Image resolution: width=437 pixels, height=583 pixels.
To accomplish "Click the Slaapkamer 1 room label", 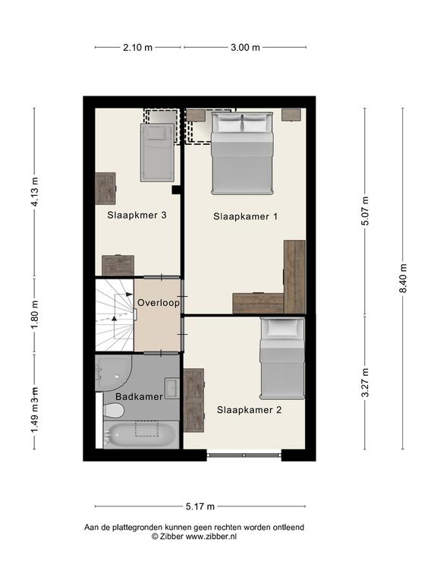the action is pyautogui.click(x=245, y=216).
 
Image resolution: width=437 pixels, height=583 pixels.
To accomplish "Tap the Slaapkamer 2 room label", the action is pyautogui.click(x=249, y=410).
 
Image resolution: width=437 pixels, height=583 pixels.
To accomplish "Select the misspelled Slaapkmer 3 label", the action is pyautogui.click(x=137, y=215).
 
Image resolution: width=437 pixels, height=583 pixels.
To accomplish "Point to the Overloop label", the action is pyautogui.click(x=159, y=303).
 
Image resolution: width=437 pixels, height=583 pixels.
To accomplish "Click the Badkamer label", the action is pyautogui.click(x=139, y=396).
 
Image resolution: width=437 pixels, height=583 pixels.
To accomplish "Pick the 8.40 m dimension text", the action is pyautogui.click(x=403, y=279).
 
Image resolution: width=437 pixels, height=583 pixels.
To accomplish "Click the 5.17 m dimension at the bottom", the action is pyautogui.click(x=200, y=506).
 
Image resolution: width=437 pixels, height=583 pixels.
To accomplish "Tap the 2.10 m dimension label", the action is pyautogui.click(x=137, y=47).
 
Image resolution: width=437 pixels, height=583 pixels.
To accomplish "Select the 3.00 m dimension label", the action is pyautogui.click(x=245, y=47).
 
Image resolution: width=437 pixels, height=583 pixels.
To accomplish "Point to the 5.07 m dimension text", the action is pyautogui.click(x=365, y=211).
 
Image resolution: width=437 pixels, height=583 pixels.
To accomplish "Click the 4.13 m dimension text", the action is pyautogui.click(x=35, y=192).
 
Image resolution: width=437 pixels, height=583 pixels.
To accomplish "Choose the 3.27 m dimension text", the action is pyautogui.click(x=365, y=383).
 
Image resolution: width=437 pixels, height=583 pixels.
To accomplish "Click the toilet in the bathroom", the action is pyautogui.click(x=114, y=411).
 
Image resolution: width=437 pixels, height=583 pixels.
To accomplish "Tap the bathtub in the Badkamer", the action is pyautogui.click(x=141, y=434).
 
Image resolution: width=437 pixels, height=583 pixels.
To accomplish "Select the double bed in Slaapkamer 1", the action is pyautogui.click(x=242, y=153).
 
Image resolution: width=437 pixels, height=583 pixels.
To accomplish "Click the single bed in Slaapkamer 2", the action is pyautogui.click(x=282, y=358).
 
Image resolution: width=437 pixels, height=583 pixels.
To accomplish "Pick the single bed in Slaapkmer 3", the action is pyautogui.click(x=157, y=153).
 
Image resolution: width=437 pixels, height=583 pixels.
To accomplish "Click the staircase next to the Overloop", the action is pyautogui.click(x=115, y=315).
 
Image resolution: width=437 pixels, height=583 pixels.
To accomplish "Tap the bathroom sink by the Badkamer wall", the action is pyautogui.click(x=172, y=388).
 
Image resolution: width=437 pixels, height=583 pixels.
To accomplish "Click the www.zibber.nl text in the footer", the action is pyautogui.click(x=211, y=537).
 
